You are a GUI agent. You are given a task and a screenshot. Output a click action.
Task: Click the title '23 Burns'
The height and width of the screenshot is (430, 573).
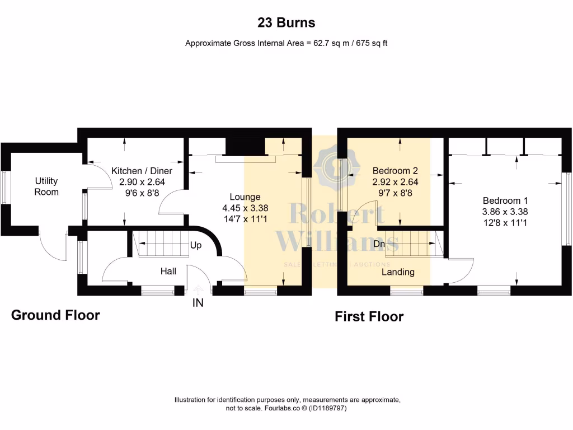click(286, 23)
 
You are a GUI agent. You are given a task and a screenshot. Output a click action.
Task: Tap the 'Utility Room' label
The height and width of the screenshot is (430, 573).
click(46, 186)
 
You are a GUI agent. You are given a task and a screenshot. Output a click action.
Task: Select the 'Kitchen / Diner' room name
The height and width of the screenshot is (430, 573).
click(142, 171)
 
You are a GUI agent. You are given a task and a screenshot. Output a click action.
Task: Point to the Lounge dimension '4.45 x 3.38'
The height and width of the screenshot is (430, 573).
click(245, 208)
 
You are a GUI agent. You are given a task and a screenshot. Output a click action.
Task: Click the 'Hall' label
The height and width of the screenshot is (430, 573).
click(168, 271)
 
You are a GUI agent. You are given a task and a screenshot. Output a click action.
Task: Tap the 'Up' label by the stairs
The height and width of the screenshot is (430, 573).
click(196, 245)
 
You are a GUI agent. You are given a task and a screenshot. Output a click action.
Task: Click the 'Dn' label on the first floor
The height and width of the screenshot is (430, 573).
click(378, 244)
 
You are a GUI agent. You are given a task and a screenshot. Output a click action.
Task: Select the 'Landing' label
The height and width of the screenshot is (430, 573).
click(398, 272)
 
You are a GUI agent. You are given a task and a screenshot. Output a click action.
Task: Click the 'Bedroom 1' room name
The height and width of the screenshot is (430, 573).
click(505, 200)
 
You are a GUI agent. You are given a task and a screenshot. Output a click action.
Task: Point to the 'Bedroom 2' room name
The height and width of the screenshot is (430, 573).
click(395, 171)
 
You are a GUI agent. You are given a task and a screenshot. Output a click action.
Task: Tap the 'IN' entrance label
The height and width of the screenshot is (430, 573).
click(198, 303)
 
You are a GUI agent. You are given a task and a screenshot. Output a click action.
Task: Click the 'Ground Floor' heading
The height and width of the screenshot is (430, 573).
click(55, 315)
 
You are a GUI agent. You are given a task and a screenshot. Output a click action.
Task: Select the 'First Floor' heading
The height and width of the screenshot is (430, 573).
click(369, 317)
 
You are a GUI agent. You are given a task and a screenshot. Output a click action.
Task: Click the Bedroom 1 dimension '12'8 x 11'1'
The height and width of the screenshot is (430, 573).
click(505, 222)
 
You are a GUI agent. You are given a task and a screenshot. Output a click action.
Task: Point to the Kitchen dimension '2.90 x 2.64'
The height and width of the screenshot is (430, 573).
click(142, 182)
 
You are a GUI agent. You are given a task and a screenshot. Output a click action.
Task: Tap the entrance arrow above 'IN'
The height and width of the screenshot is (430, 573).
click(198, 290)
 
